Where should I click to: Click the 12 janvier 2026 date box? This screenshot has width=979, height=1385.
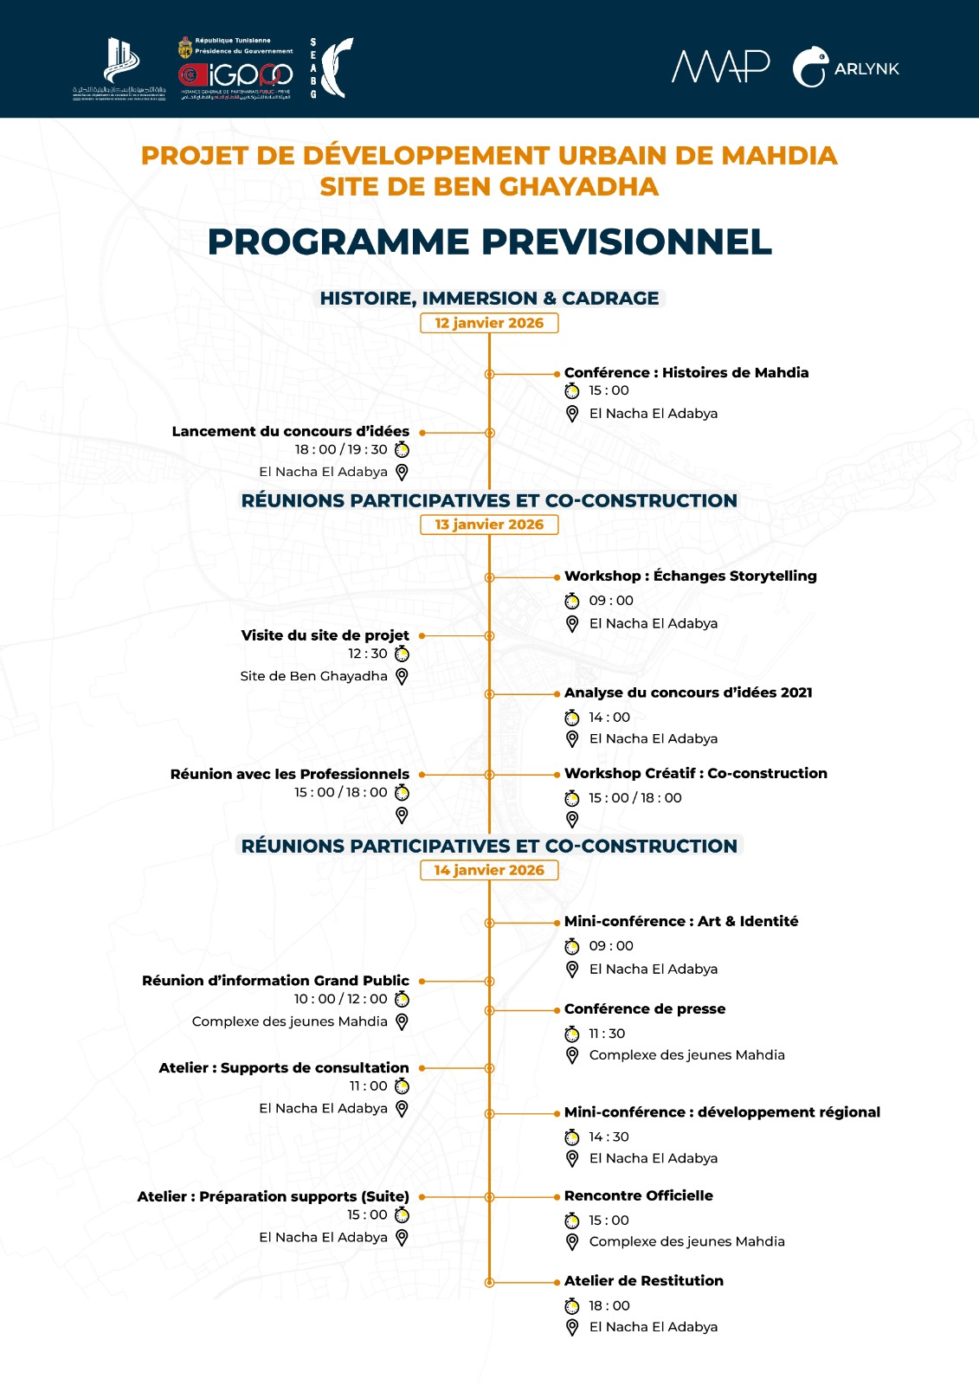click(489, 323)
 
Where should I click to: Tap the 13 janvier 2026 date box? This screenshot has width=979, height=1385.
click(489, 525)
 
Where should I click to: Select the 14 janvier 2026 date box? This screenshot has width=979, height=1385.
click(489, 870)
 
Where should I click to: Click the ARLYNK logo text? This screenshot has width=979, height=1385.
click(866, 69)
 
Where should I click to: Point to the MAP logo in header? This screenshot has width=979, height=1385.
click(721, 67)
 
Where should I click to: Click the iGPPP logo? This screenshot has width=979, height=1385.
click(235, 76)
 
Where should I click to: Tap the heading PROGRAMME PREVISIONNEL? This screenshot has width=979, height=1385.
click(489, 242)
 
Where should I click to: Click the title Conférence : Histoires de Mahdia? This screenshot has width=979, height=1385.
click(686, 372)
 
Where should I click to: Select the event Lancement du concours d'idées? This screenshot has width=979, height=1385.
click(290, 431)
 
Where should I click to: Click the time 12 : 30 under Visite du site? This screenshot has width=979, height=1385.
click(368, 654)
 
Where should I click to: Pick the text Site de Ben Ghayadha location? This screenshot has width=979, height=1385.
click(313, 676)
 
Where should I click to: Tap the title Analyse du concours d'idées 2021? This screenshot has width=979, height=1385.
click(688, 692)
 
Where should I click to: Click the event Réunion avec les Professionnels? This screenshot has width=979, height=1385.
click(289, 774)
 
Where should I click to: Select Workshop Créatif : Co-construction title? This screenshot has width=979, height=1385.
click(695, 773)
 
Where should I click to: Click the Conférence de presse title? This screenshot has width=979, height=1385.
click(645, 1008)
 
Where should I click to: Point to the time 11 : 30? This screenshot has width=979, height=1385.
click(607, 1034)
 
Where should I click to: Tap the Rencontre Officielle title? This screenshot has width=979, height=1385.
click(639, 1195)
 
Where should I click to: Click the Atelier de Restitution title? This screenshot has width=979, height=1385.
click(644, 1280)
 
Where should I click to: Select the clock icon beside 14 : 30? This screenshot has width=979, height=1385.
click(572, 1137)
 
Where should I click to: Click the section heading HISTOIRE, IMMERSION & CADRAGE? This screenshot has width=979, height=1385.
click(489, 298)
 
